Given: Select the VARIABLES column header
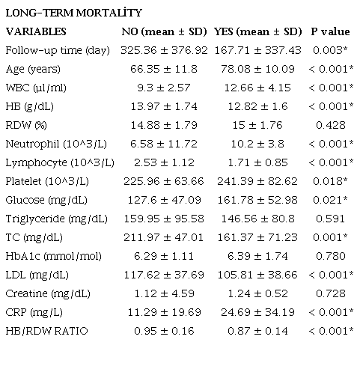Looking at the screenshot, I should point(36,32).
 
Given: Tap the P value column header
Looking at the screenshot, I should point(330,32).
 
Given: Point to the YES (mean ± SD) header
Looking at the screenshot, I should point(257,32).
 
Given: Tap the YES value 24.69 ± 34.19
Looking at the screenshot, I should point(257,312).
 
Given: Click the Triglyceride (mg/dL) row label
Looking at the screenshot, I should point(56,219).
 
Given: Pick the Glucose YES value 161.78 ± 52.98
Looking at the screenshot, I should point(257,200).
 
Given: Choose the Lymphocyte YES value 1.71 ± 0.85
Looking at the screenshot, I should point(257,162).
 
